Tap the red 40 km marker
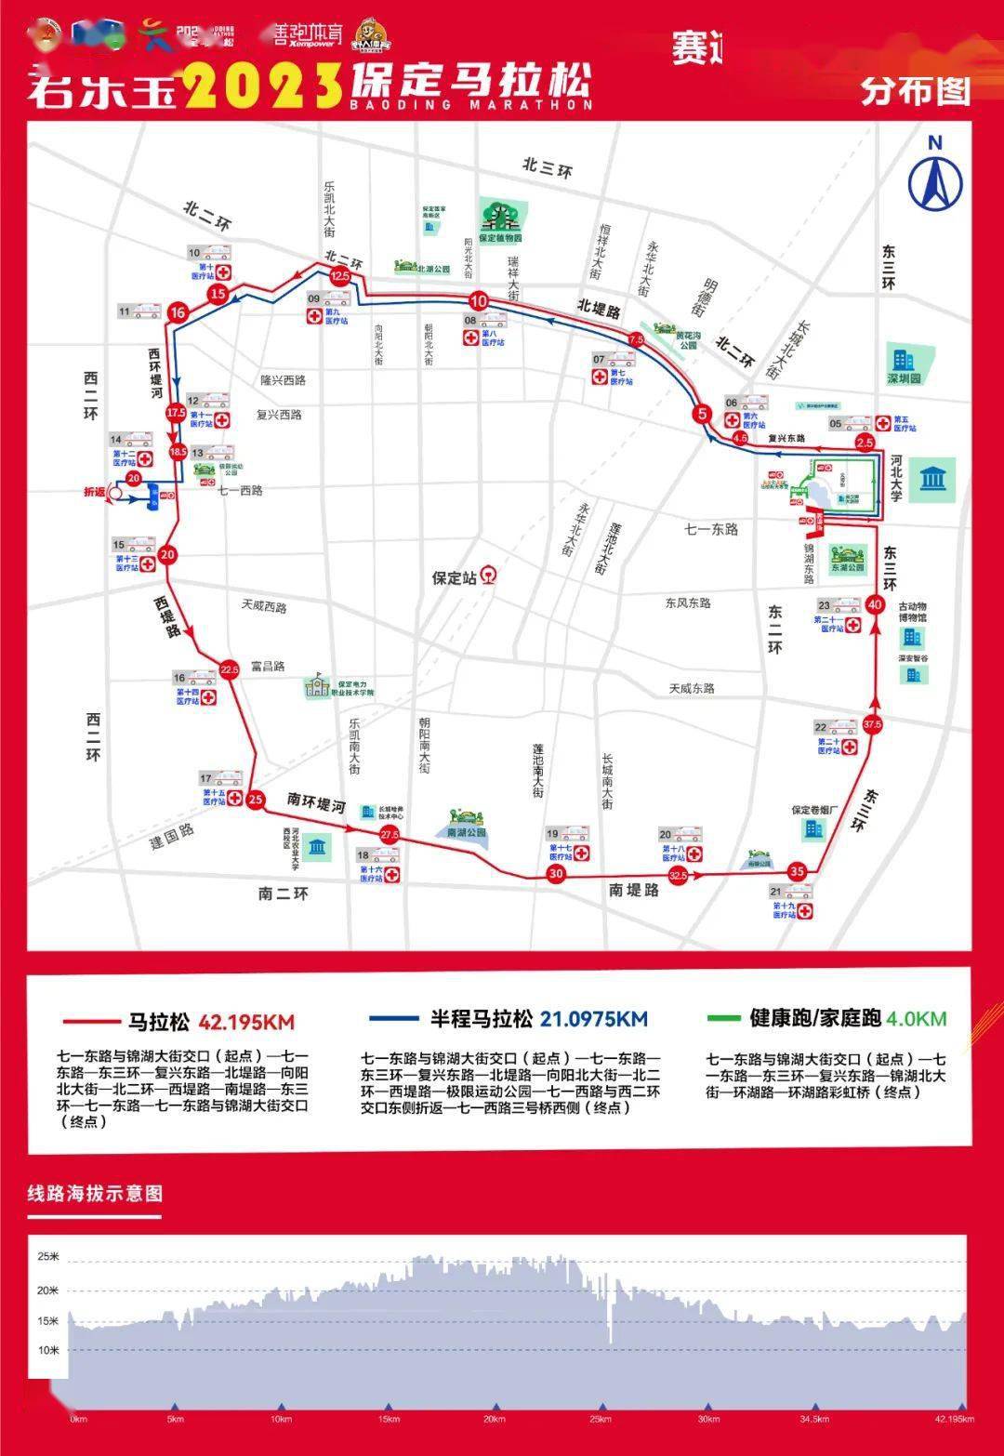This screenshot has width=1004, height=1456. [x=874, y=602]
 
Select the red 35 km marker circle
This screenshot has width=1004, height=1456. [x=797, y=871]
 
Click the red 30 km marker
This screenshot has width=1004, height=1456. [x=556, y=874]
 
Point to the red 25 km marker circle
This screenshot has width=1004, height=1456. [x=256, y=799]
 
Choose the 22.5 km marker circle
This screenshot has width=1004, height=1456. [x=230, y=668]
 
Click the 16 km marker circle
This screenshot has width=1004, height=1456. [x=178, y=312]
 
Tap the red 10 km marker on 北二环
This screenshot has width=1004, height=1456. [x=478, y=301]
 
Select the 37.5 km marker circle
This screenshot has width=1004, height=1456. [x=872, y=723]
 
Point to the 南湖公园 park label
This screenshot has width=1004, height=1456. [x=466, y=832]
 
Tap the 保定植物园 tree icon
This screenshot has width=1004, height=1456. [x=502, y=215]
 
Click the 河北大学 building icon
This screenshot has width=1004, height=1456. [x=932, y=480]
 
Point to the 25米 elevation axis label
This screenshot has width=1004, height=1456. [x=48, y=1257]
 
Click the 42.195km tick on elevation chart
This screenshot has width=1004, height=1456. [x=954, y=1420]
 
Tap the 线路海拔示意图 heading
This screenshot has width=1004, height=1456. [x=94, y=1194]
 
